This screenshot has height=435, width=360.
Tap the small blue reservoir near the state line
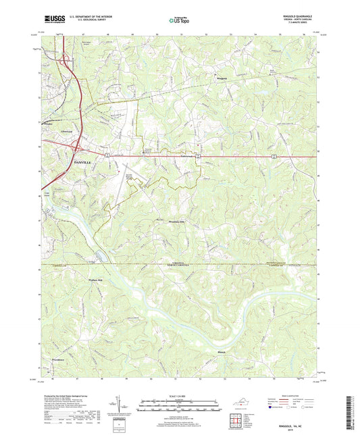coord(100,255)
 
